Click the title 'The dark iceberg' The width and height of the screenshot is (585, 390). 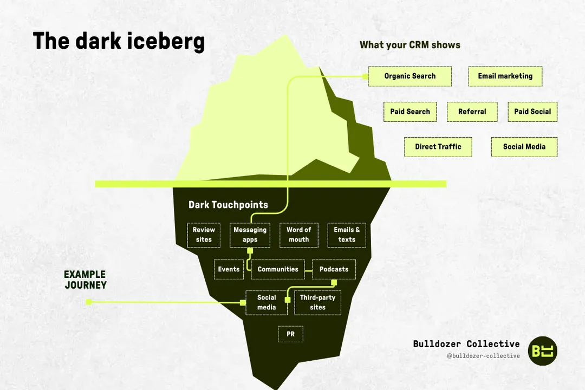coord(119,41)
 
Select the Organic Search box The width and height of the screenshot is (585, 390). coord(410,76)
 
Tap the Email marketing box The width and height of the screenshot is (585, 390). coord(505,76)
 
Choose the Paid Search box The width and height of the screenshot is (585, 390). coord(410,112)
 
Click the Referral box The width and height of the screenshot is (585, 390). coord(472,112)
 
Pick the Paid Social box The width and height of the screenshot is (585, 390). coord(532,112)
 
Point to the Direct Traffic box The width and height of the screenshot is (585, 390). coord(438,147)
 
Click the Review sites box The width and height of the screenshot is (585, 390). coord(204,235)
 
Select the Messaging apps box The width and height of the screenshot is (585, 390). coord(250,235)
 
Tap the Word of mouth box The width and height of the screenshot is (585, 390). coord(298,235)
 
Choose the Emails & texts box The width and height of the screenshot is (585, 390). coord(347,235)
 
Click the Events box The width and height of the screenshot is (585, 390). coord(229,269)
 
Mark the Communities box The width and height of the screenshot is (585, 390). coord(278,269)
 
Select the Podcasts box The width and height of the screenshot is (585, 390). coord(334,269)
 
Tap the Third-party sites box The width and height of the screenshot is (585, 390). coord(317,303)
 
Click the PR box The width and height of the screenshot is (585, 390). coord(290,335)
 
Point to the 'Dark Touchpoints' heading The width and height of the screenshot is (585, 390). coord(228,205)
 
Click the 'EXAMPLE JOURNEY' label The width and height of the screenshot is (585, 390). coord(85,280)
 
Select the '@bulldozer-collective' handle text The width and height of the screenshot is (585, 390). coord(483,356)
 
